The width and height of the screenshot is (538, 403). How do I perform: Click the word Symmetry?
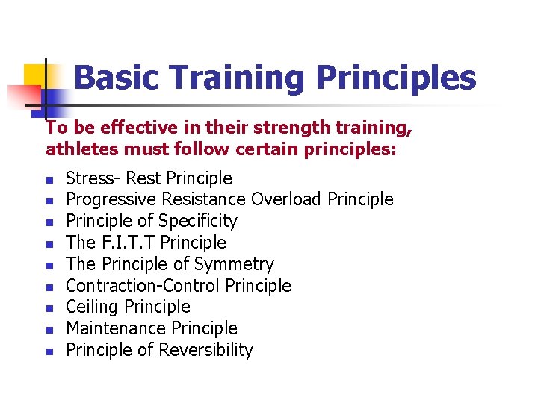point(234,264)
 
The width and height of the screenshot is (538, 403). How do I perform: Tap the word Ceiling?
point(93,307)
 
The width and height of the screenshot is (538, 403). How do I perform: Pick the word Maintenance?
point(116,328)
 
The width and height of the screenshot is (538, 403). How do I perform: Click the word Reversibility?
point(207,350)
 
